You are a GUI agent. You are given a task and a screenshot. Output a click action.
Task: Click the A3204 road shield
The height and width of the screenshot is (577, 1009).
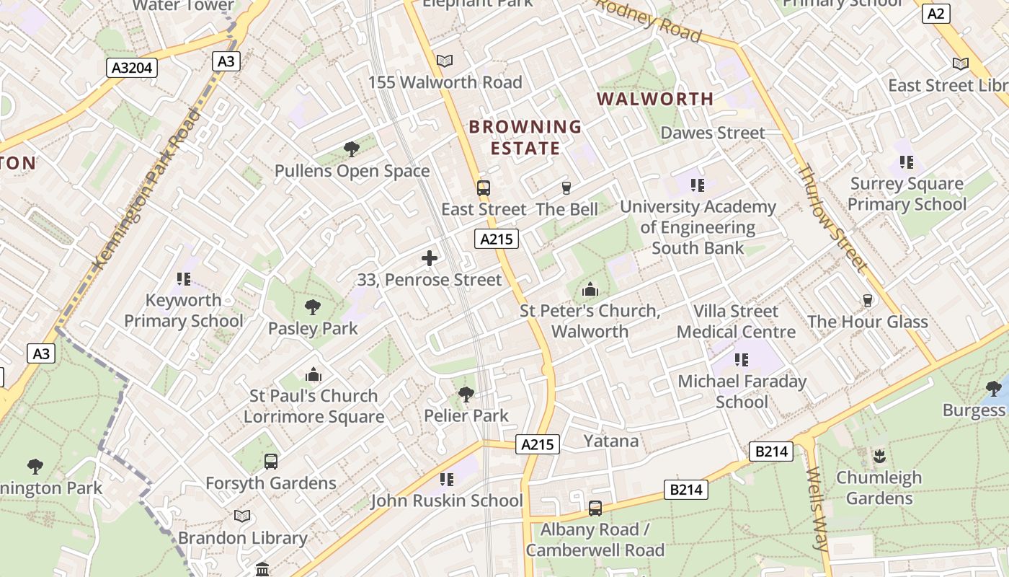133,68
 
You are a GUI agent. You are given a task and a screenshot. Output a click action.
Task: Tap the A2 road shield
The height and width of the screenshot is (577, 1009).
936,14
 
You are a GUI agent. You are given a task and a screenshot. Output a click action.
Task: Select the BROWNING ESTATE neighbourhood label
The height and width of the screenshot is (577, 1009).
525,138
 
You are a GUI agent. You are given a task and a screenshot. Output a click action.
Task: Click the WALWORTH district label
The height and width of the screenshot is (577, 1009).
655,99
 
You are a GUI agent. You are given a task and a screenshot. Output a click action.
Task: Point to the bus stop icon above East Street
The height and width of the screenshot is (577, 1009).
484,188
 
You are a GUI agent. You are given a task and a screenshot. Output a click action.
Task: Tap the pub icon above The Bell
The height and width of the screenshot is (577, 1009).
566,188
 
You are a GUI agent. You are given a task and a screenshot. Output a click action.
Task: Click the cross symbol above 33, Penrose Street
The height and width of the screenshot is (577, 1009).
430,258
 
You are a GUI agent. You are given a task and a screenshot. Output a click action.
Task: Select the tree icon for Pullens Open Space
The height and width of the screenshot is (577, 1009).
352,149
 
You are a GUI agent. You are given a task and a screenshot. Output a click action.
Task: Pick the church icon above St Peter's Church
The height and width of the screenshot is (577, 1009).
590,290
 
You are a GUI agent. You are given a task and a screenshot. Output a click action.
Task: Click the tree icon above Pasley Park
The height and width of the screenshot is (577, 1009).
313,307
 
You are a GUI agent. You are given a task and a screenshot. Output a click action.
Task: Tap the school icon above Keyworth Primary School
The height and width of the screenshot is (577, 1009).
183,278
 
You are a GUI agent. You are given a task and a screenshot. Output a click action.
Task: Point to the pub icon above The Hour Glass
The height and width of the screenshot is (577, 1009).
868,300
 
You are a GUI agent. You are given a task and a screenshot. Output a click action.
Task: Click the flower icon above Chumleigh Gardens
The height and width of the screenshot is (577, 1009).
879,456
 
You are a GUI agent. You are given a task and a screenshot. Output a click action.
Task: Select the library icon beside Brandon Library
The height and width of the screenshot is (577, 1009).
242,516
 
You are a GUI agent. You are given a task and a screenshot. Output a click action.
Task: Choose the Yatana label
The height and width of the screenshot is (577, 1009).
610,441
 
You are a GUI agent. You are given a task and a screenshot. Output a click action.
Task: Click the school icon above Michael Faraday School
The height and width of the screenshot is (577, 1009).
742,359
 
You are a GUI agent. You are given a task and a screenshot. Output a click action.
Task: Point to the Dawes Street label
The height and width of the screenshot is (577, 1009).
713,133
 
